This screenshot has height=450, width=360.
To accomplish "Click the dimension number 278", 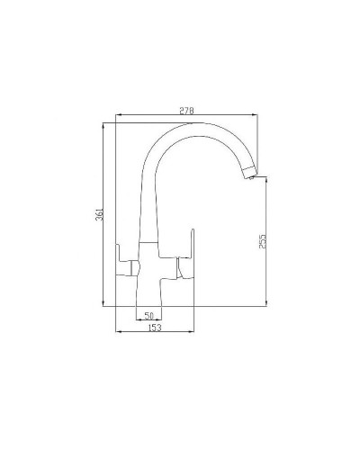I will click(x=187, y=110).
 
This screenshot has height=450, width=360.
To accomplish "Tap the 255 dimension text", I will click(x=262, y=242).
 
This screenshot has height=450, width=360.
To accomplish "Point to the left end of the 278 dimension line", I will click(x=118, y=115).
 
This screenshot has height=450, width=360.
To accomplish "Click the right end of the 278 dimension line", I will click(x=258, y=115).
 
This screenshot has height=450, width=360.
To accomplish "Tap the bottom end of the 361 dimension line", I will click(x=107, y=306).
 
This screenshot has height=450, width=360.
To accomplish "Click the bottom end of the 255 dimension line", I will click(x=269, y=306).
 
